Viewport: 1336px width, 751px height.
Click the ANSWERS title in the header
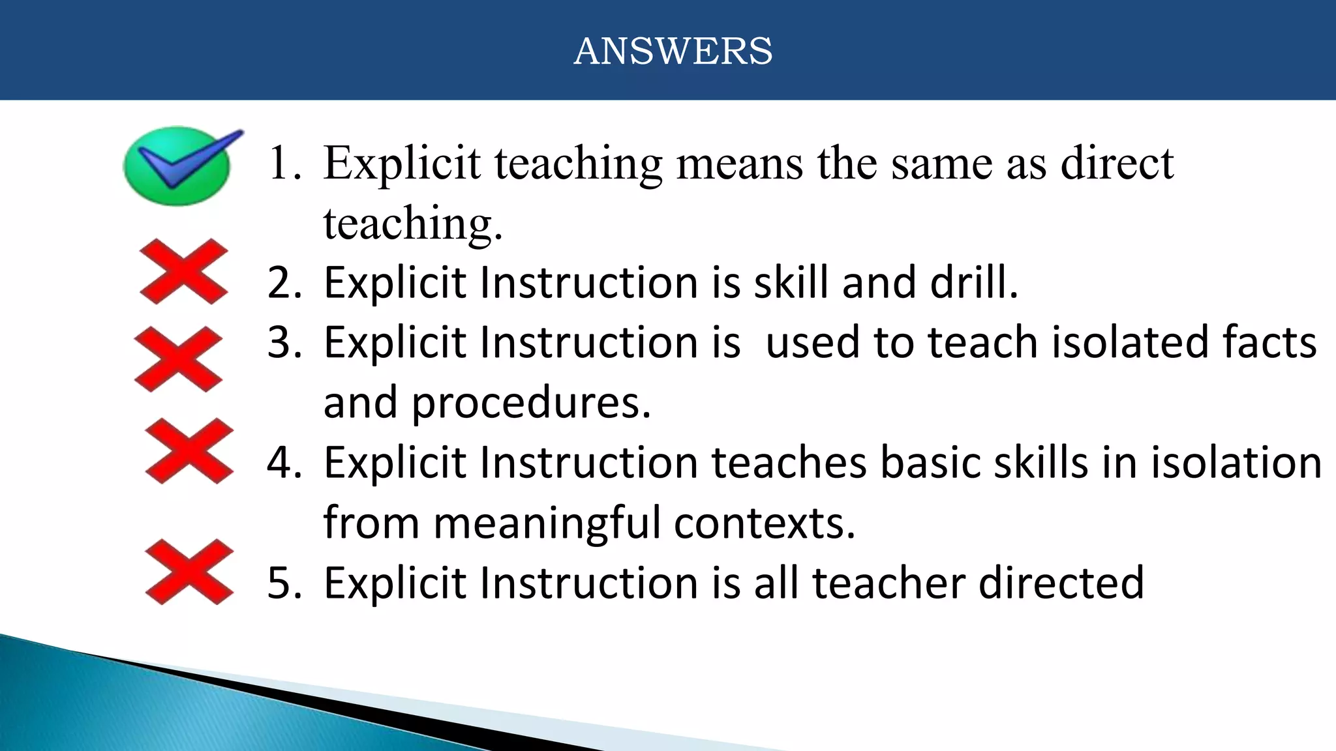pyautogui.click(x=673, y=51)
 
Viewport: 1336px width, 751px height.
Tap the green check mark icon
pyautogui.click(x=177, y=166)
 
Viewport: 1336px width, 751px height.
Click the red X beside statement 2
pyautogui.click(x=184, y=271)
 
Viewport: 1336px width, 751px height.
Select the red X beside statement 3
pyautogui.click(x=178, y=359)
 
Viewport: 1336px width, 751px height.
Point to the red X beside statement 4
pyautogui.click(x=189, y=451)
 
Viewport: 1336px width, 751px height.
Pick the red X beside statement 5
pyautogui.click(x=189, y=572)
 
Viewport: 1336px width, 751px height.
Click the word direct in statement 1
pyautogui.click(x=1117, y=163)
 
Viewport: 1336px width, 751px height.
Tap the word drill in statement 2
pyautogui.click(x=973, y=283)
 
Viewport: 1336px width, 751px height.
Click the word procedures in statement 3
pyautogui.click(x=530, y=404)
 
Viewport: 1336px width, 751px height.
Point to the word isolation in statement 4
pyautogui.click(x=1236, y=463)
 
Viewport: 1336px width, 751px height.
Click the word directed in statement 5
pyautogui.click(x=1061, y=583)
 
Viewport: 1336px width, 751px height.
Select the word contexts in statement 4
pyautogui.click(x=763, y=523)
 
